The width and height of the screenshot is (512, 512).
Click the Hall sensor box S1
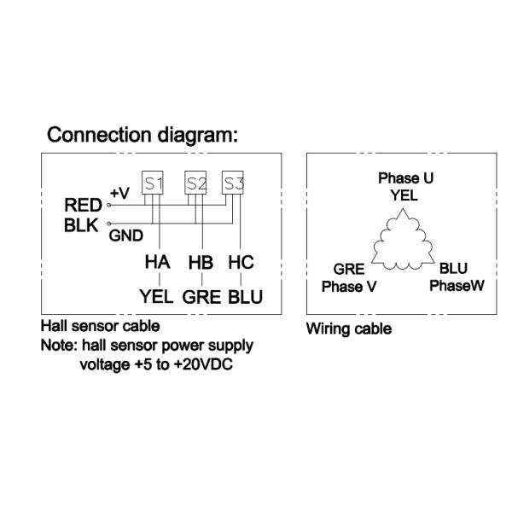pyautogui.click(x=152, y=182)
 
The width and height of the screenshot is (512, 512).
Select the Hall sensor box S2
pyautogui.click(x=196, y=182)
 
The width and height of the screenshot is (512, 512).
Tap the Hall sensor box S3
pyautogui.click(x=233, y=182)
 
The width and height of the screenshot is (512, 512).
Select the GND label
pyautogui.click(x=125, y=236)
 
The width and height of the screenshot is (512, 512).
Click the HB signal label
pyautogui.click(x=200, y=263)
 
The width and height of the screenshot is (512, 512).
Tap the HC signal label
pyautogui.click(x=241, y=263)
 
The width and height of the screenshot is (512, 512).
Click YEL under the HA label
pyautogui.click(x=156, y=297)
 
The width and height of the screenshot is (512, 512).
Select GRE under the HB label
pyautogui.click(x=201, y=297)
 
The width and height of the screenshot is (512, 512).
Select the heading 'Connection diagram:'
pyautogui.click(x=142, y=135)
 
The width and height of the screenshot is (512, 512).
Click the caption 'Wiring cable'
pyautogui.click(x=349, y=329)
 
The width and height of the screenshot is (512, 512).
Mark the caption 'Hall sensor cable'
pyautogui.click(x=100, y=326)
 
